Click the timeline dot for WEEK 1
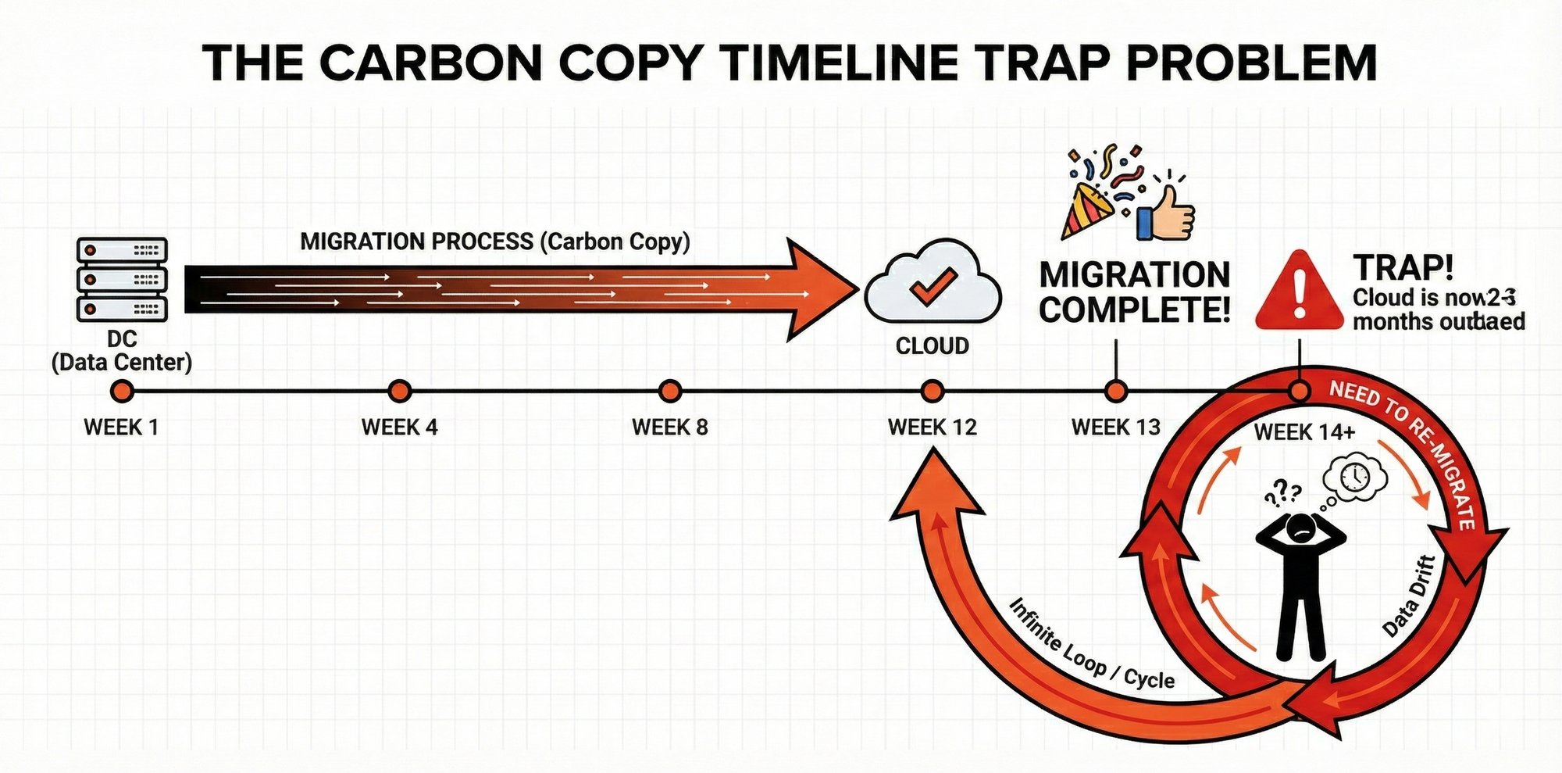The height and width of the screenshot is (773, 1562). [x=122, y=391]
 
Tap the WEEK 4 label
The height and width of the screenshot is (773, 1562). [x=399, y=428]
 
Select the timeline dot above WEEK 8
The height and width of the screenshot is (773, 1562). [x=670, y=391]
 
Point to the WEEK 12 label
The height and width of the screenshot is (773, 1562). [x=933, y=428]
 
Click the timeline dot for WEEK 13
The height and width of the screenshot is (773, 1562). [x=1117, y=391]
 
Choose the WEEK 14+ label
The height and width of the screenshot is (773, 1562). [x=1304, y=432]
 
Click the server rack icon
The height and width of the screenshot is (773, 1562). [x=122, y=280]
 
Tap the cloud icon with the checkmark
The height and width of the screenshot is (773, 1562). [x=933, y=284]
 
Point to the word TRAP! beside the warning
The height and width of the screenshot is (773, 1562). [x=1403, y=268]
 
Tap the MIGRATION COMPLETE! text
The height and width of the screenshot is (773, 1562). [x=1135, y=292]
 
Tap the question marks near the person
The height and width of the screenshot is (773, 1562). [x=1282, y=492]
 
